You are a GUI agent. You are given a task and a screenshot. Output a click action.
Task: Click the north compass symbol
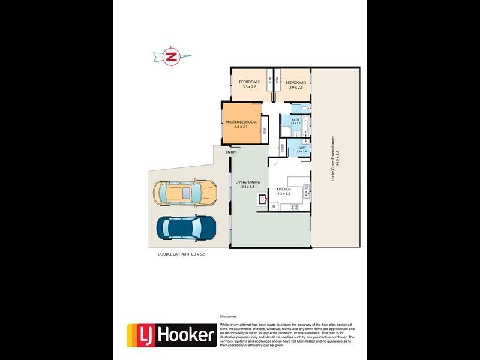(x=172, y=57)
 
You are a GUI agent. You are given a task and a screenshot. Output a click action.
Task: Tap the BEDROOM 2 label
(x=249, y=82)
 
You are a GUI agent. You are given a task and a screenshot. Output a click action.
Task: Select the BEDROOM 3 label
(x=296, y=82)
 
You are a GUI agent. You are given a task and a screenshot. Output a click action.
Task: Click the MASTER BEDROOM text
(x=241, y=122)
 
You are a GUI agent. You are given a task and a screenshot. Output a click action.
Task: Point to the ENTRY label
(x=231, y=152)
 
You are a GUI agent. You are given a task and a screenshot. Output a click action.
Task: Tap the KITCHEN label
(x=283, y=189)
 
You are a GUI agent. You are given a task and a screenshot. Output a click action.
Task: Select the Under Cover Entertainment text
(x=335, y=157)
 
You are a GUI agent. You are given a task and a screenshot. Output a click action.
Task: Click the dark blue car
(x=186, y=227)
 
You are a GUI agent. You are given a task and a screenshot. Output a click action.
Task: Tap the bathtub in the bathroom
(x=305, y=128)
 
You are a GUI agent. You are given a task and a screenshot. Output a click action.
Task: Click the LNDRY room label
(x=301, y=148)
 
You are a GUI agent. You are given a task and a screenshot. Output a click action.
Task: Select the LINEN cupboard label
(x=282, y=148)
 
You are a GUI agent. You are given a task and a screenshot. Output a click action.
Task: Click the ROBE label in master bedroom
(x=263, y=127)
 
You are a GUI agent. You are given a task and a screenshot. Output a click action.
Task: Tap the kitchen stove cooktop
(x=295, y=207)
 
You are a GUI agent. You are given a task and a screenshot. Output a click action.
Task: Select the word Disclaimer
(x=229, y=316)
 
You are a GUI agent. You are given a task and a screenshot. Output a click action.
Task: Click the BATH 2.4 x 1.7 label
(x=295, y=121)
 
